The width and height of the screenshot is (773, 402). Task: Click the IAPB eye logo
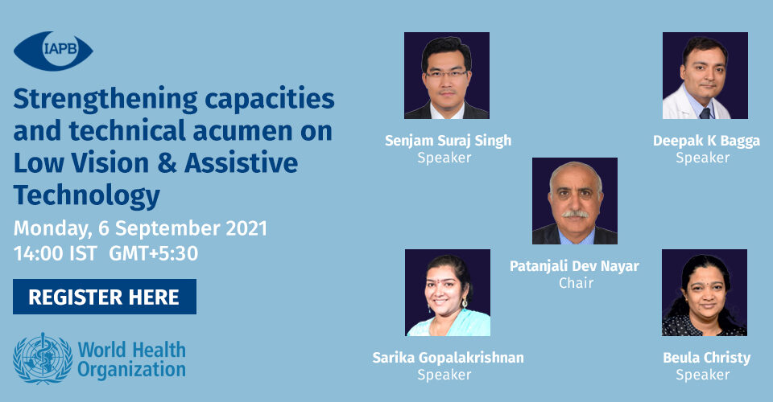[x=53, y=51]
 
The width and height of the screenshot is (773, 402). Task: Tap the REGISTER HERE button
[x=105, y=297]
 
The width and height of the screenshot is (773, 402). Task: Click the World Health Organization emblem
[x=43, y=359]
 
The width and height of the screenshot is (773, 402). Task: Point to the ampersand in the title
[x=167, y=163]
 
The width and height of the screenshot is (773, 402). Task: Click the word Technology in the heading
[x=87, y=196]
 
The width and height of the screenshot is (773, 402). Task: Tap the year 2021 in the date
[x=246, y=228]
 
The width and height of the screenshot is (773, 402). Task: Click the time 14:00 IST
[x=56, y=253]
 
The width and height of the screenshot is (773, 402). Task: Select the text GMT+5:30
[x=153, y=253]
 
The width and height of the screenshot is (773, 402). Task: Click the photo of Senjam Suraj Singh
[x=447, y=76]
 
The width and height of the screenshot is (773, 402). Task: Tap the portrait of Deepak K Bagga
[x=705, y=76]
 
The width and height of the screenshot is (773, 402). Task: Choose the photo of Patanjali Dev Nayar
[x=575, y=201]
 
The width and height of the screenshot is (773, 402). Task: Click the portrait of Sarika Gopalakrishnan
[x=448, y=293]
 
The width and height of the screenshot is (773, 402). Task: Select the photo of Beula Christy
[x=705, y=293]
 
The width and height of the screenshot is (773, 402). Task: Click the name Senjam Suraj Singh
[x=449, y=142]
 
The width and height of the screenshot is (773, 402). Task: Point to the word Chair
[x=576, y=283]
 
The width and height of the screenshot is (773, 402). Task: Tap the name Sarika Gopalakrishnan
[x=449, y=358]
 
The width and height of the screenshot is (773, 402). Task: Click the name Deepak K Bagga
[x=706, y=142]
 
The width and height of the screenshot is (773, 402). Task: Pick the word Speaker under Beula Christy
[x=702, y=375]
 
